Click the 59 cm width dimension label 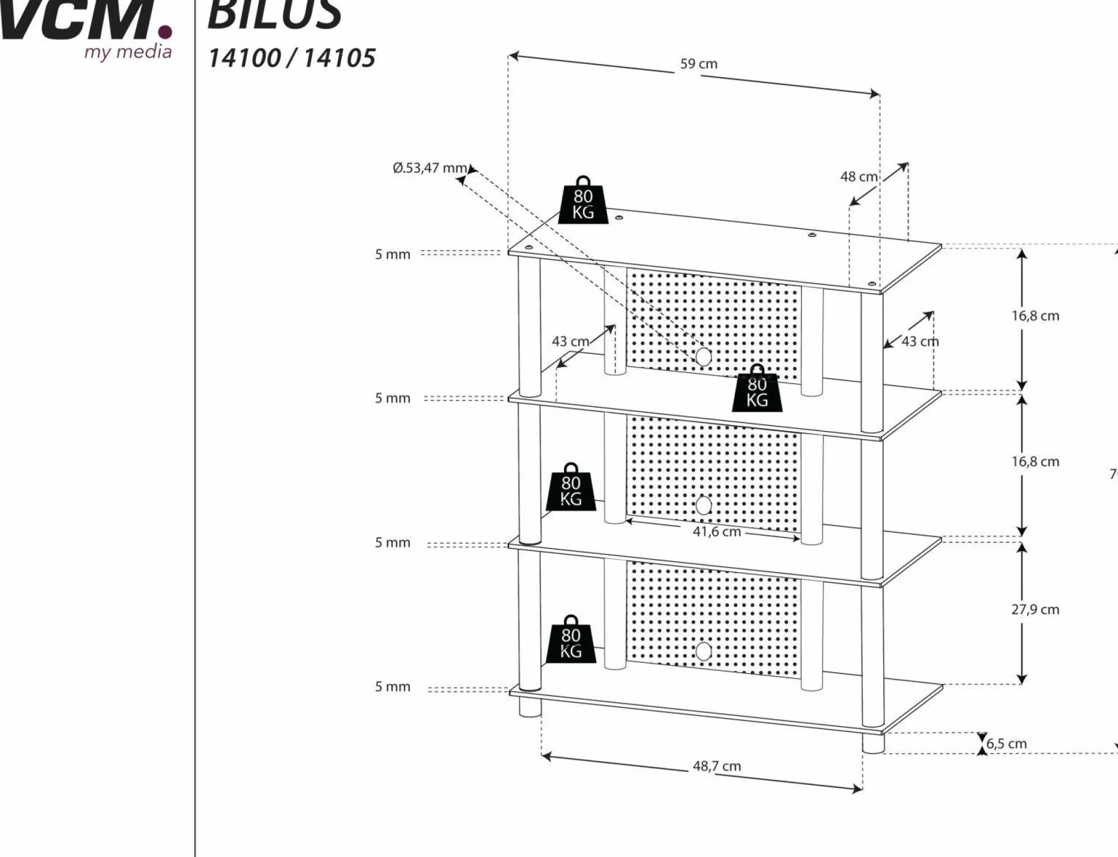click(698, 64)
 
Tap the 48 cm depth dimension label click(858, 177)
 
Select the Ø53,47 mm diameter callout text click(429, 168)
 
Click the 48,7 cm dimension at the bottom click(716, 766)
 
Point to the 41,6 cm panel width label click(716, 531)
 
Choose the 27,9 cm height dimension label click(1035, 609)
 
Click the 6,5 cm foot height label click(1006, 743)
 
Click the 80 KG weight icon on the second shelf click(757, 389)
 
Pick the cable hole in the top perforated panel click(703, 357)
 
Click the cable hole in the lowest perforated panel click(703, 651)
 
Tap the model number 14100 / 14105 click(292, 58)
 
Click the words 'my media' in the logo click(128, 52)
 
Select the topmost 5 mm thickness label click(392, 254)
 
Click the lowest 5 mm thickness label click(392, 686)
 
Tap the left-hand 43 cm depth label click(570, 341)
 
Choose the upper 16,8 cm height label click(1035, 316)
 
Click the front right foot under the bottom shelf click(873, 743)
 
